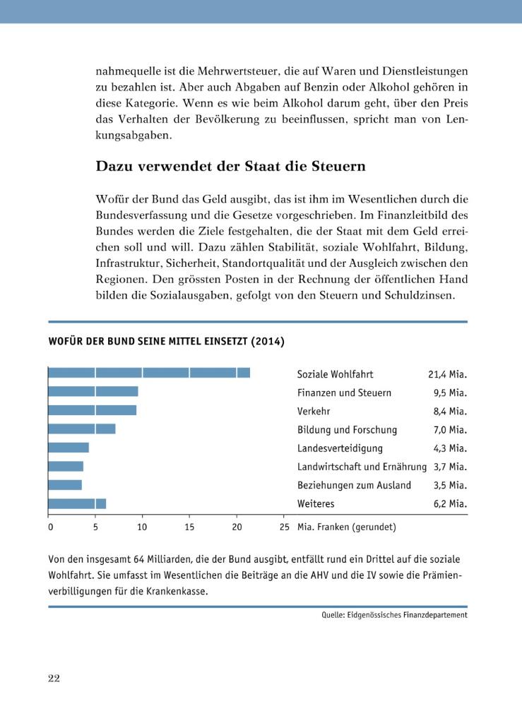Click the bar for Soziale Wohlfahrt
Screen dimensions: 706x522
click(x=149, y=373)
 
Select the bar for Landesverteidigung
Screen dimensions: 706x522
click(x=69, y=448)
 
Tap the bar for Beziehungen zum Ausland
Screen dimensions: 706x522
click(x=65, y=485)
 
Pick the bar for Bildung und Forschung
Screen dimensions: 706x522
click(x=82, y=429)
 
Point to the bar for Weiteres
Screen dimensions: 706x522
click(x=77, y=503)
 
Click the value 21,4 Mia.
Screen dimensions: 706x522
click(x=448, y=374)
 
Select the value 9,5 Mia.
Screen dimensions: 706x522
click(x=450, y=393)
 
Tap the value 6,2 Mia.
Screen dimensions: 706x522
click(x=450, y=504)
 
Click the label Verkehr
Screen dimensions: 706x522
click(x=314, y=411)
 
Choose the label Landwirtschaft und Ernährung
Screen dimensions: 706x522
click(x=362, y=467)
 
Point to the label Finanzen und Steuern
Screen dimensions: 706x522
click(x=344, y=393)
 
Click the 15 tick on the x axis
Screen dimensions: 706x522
click(x=189, y=527)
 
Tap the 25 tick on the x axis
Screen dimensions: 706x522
click(x=285, y=527)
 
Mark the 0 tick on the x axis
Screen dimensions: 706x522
click(x=50, y=527)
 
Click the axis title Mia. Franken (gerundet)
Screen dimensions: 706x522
click(x=346, y=527)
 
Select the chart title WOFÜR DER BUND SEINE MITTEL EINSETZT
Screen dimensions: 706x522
click(x=166, y=342)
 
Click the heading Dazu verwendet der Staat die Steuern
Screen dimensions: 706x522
click(x=230, y=167)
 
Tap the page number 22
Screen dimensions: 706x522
click(x=54, y=678)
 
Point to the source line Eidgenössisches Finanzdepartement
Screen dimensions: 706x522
click(x=394, y=615)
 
